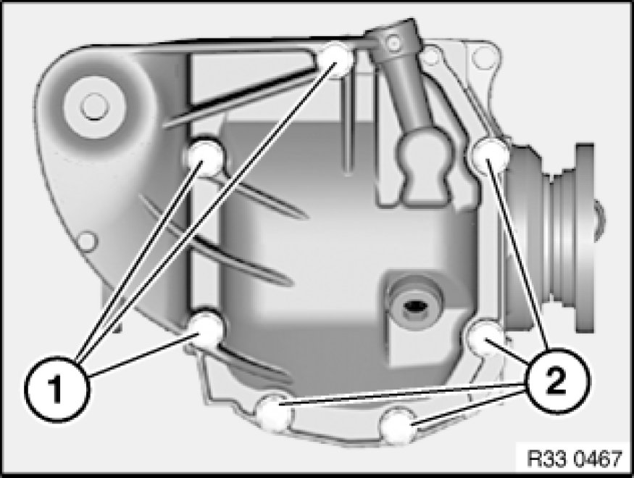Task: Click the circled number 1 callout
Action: click(55, 389)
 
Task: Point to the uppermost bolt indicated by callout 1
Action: click(338, 59)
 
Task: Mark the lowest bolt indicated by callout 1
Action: click(207, 329)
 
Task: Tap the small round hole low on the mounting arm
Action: click(88, 242)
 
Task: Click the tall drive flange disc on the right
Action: click(585, 238)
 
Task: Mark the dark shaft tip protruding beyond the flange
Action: click(600, 221)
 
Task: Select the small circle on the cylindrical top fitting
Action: click(393, 42)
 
